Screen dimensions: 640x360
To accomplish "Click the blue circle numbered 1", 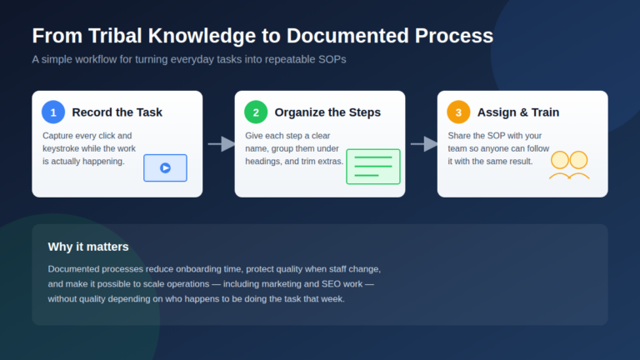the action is click(53, 112).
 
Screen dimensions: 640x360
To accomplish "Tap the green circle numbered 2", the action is click(256, 112).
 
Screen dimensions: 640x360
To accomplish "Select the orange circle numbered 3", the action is click(458, 112).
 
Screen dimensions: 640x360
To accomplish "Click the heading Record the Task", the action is click(117, 112).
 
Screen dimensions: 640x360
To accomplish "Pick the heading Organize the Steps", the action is click(327, 112).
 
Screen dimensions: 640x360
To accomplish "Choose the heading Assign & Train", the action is click(518, 112).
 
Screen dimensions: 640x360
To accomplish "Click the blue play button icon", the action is click(165, 167).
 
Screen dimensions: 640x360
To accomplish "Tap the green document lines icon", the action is click(373, 167).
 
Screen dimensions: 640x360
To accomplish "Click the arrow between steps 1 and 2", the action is click(222, 143).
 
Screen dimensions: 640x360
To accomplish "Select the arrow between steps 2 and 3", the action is click(424, 143).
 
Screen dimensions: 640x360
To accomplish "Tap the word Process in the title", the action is click(454, 36).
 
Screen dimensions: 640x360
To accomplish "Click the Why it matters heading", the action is click(88, 247).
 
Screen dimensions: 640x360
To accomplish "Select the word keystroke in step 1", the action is click(62, 148).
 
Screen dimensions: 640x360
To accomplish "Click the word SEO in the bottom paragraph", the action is click(331, 284).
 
